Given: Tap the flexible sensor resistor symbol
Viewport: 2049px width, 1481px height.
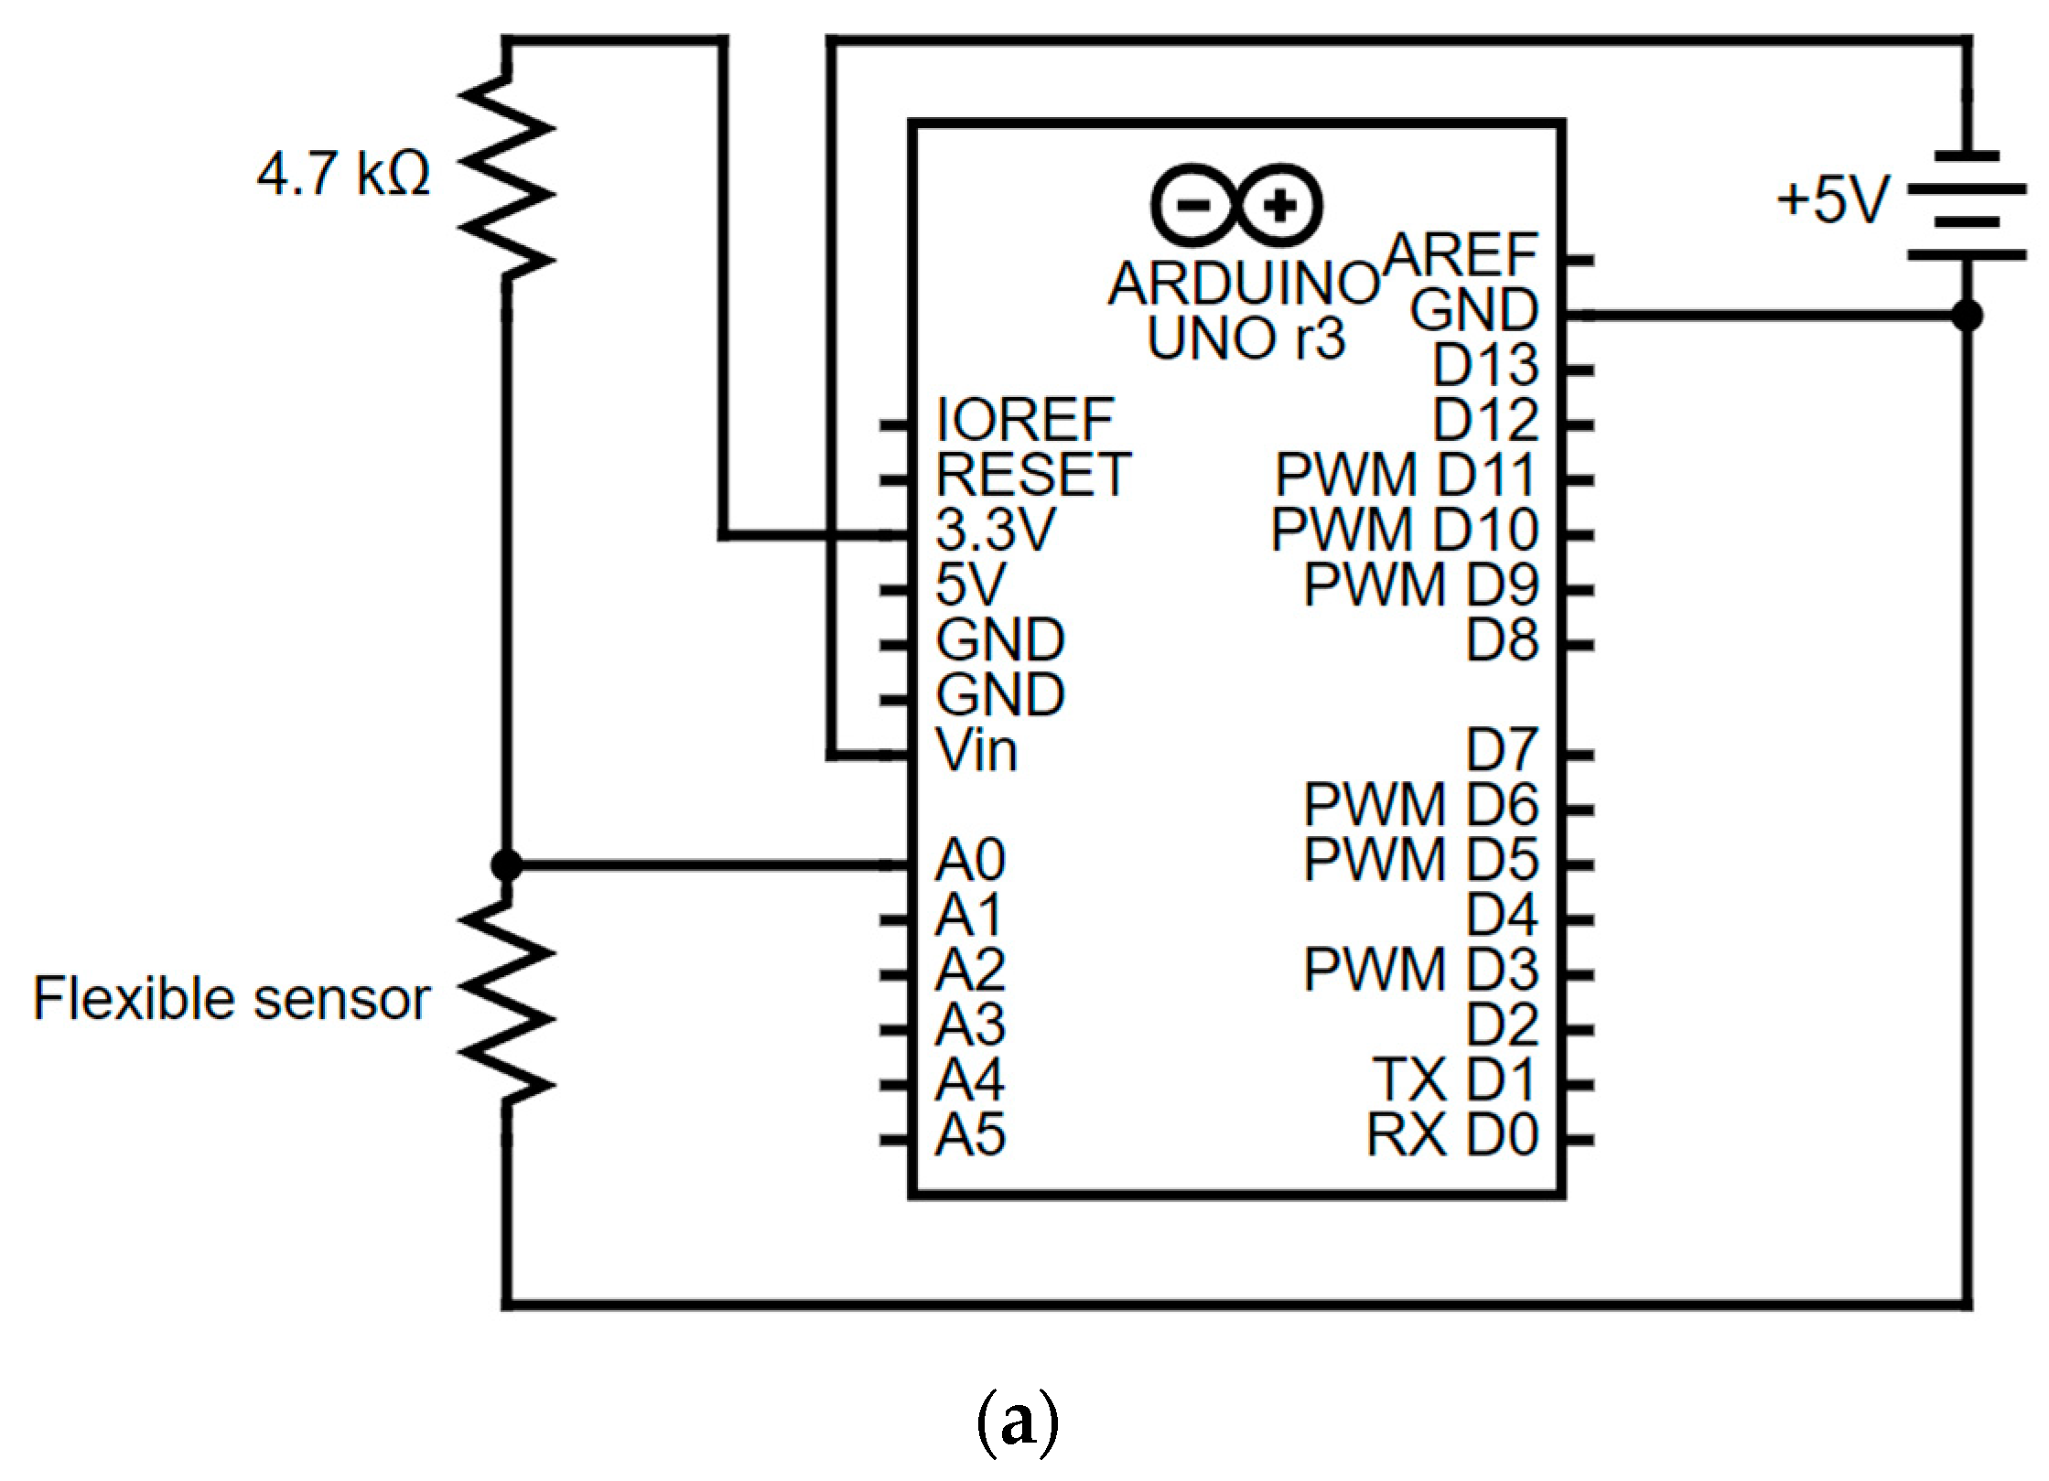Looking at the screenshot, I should tap(506, 1001).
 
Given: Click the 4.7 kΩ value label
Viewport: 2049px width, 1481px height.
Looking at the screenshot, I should tap(343, 174).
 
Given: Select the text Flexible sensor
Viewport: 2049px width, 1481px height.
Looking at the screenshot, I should tap(232, 998).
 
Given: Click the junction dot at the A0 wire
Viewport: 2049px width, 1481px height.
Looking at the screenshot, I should tap(506, 864).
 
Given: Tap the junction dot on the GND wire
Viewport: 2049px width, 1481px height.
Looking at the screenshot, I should tap(1967, 316).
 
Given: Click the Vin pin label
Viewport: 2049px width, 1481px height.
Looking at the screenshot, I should tap(976, 751).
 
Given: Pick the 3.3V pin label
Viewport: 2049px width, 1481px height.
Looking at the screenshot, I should tap(996, 530).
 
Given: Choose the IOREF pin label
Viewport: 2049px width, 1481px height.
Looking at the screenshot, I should tap(1025, 420).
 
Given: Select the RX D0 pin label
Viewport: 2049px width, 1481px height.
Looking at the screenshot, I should tap(1451, 1135).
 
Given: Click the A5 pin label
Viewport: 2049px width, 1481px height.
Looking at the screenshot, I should tap(970, 1135).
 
